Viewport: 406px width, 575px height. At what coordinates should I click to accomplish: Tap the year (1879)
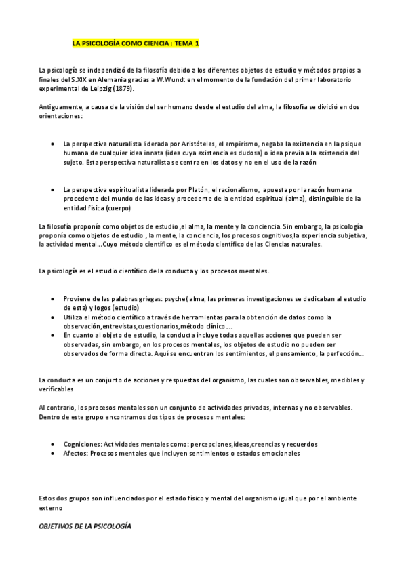(x=121, y=88)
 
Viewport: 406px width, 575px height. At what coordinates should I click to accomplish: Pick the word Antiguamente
(x=62, y=107)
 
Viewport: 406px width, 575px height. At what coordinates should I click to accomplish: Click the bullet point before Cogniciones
(x=54, y=444)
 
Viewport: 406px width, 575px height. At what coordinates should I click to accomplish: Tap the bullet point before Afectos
(x=54, y=453)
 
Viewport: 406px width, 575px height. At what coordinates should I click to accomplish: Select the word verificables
(x=57, y=389)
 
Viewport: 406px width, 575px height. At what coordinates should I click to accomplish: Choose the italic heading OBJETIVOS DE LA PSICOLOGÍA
(x=85, y=526)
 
